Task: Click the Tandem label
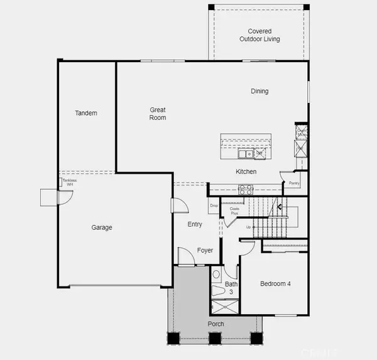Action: click(x=86, y=113)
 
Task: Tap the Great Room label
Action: click(x=157, y=113)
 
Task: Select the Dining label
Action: click(x=260, y=91)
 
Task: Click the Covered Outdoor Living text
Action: click(x=260, y=35)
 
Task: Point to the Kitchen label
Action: click(x=246, y=172)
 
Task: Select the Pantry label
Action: click(x=294, y=183)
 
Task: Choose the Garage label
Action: click(x=101, y=227)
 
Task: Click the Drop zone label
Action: click(x=214, y=205)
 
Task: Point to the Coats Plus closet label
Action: click(x=234, y=211)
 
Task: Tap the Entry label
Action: click(x=195, y=224)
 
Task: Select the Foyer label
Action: click(x=205, y=251)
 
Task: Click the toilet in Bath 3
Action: click(x=217, y=275)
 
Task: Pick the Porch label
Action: click(x=215, y=324)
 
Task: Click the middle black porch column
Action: click(x=214, y=338)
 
